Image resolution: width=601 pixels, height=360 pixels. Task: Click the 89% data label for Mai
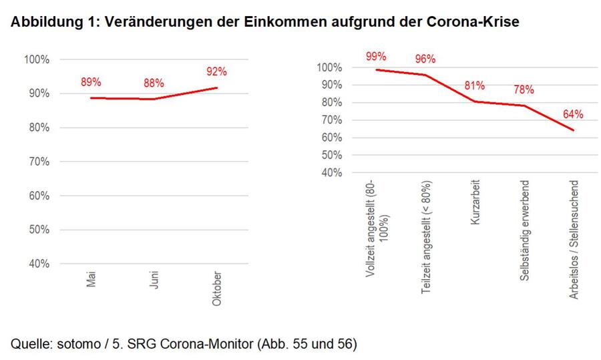(91, 82)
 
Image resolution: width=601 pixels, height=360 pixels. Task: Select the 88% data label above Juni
(154, 83)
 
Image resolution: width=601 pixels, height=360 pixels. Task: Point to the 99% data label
(375, 56)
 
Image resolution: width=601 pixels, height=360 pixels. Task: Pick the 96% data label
(425, 59)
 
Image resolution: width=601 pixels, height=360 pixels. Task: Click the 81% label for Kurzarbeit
(475, 86)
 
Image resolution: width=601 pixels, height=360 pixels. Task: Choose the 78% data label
(524, 89)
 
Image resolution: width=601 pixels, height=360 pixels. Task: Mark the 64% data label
(573, 114)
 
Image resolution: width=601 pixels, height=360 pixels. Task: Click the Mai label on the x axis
(91, 279)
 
